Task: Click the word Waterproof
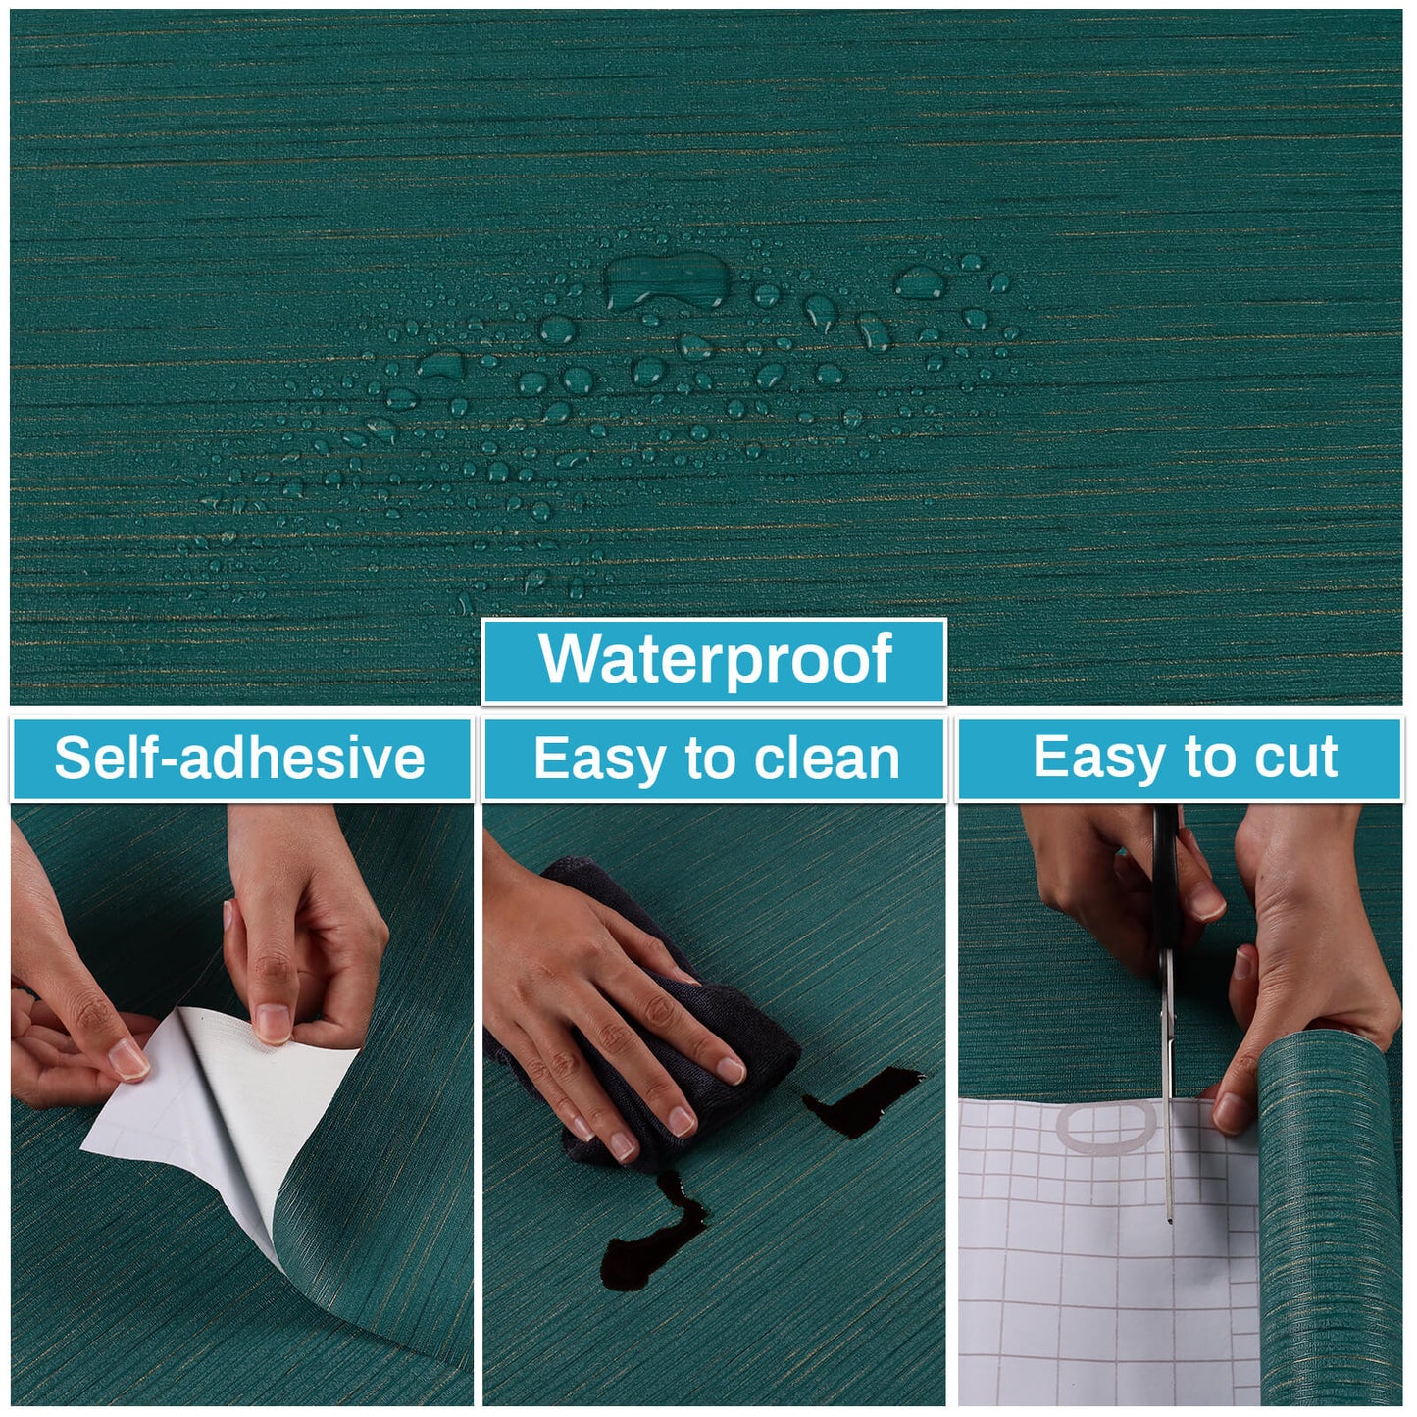tap(715, 659)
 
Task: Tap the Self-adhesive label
tap(239, 758)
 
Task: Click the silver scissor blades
tap(1168, 1098)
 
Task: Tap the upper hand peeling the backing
tap(304, 922)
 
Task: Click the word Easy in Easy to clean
tap(598, 759)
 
